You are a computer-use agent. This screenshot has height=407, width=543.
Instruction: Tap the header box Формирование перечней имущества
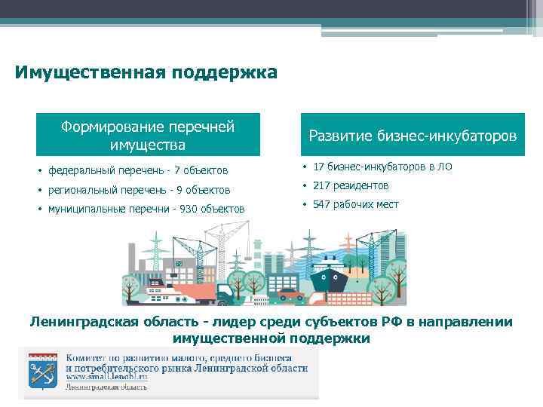[x=149, y=135]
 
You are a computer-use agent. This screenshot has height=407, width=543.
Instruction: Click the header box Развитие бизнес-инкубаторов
[x=413, y=135]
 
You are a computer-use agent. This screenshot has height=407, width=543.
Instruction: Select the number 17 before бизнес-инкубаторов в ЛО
[x=318, y=167]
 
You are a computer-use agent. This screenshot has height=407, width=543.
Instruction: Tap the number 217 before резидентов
[x=321, y=185]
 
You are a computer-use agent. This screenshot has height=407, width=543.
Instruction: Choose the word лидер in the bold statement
[x=216, y=323]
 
